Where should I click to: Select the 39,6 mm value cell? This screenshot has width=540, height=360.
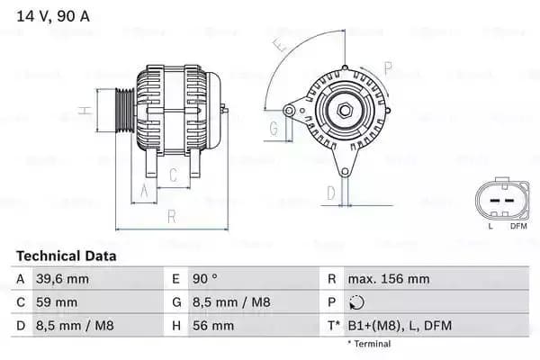[x=64, y=279]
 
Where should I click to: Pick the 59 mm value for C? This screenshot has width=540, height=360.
[x=55, y=302]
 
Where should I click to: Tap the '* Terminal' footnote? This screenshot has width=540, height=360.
[x=369, y=344]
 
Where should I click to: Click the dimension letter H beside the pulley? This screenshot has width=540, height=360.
[x=84, y=111]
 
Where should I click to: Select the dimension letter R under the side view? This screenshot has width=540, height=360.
[x=170, y=217]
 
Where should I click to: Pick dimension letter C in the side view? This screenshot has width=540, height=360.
[x=171, y=175]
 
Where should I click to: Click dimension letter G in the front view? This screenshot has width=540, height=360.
[x=273, y=130]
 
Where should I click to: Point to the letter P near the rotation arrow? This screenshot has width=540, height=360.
[x=388, y=67]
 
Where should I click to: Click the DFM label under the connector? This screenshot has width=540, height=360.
[x=518, y=226]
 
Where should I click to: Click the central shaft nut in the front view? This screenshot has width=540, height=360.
[x=343, y=111]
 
